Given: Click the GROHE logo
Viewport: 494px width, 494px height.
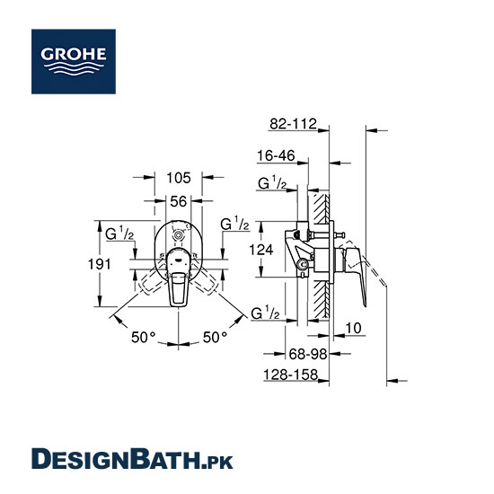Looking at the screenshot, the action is tap(74, 61).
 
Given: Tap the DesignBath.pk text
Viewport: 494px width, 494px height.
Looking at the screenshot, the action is tap(132, 459).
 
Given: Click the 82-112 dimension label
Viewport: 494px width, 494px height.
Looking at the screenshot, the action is tap(293, 124).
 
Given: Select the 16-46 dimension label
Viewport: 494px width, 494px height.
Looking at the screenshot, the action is tap(276, 155).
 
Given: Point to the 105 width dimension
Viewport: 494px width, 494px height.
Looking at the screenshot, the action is tap(179, 178).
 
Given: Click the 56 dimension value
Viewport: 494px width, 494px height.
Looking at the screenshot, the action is tap(179, 201).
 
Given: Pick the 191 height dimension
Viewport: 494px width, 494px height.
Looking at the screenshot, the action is tap(99, 264).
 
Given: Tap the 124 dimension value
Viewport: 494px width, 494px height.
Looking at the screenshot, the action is tap(260, 250).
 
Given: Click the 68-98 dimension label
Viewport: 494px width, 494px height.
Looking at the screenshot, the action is tap(308, 354).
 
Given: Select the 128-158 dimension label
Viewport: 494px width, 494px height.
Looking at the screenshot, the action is tap(290, 375).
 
